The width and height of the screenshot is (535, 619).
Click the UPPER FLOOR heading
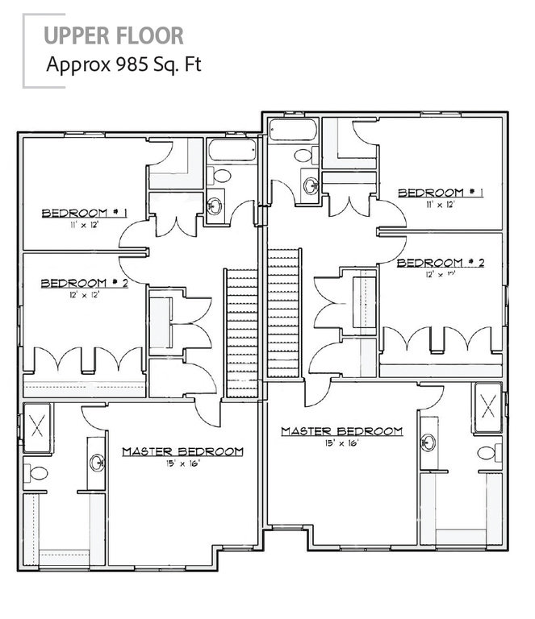point(113,35)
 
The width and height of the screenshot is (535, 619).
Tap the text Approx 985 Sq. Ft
point(123,63)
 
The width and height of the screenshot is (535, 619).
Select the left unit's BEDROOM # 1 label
point(86,213)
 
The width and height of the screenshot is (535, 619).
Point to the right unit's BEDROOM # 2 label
point(441,263)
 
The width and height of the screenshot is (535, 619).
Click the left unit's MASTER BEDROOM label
point(182,451)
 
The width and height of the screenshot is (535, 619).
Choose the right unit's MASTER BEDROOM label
point(341,431)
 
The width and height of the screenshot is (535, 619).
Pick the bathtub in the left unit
point(232,150)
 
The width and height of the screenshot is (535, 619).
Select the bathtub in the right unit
point(295,130)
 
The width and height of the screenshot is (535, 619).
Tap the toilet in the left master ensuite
point(36,473)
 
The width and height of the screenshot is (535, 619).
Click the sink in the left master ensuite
point(97,462)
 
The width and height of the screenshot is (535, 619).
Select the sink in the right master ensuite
point(428,442)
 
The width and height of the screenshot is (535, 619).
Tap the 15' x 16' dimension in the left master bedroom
point(182,464)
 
